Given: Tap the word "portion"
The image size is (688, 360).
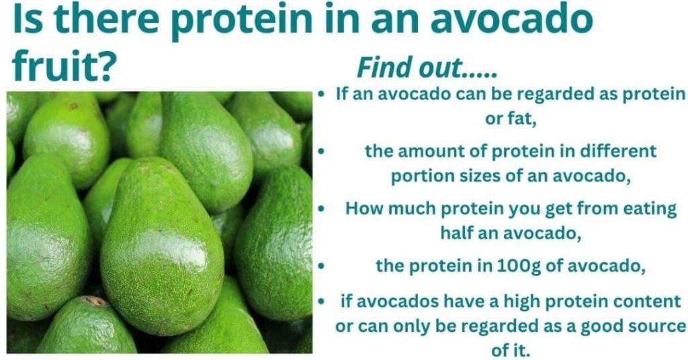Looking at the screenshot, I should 421,177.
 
